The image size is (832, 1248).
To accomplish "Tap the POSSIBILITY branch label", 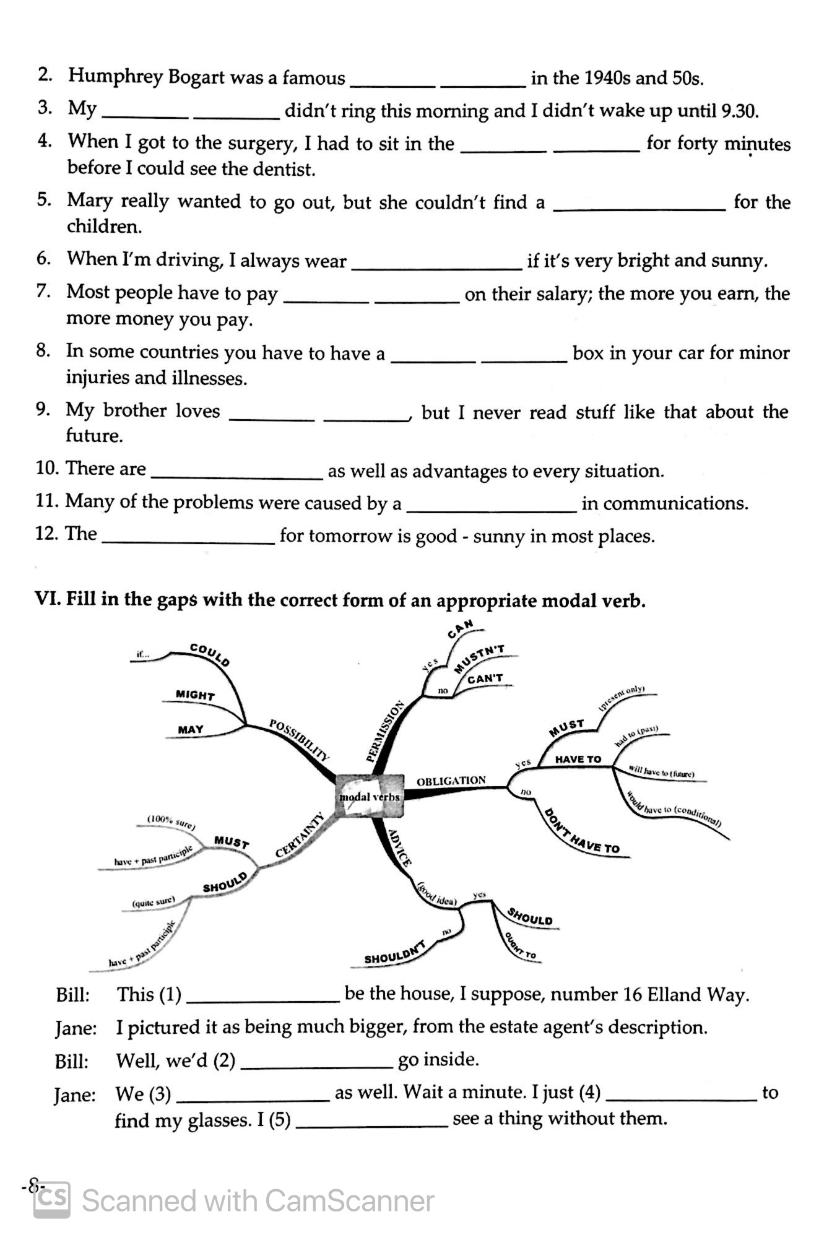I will [x=300, y=739].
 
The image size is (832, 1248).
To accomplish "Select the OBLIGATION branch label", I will [x=451, y=781].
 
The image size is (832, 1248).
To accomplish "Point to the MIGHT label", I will [x=195, y=695].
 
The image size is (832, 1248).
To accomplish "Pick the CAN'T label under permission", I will [x=485, y=678].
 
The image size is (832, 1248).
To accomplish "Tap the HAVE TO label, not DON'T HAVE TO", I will [x=578, y=759].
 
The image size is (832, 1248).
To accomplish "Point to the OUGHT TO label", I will [x=520, y=947].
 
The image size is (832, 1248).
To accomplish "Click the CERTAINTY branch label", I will [x=300, y=835].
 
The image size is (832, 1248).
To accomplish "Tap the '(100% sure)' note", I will [x=171, y=821].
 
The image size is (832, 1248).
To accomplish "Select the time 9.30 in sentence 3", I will [x=739, y=111].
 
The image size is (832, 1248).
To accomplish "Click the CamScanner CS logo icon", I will [x=52, y=1200].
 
